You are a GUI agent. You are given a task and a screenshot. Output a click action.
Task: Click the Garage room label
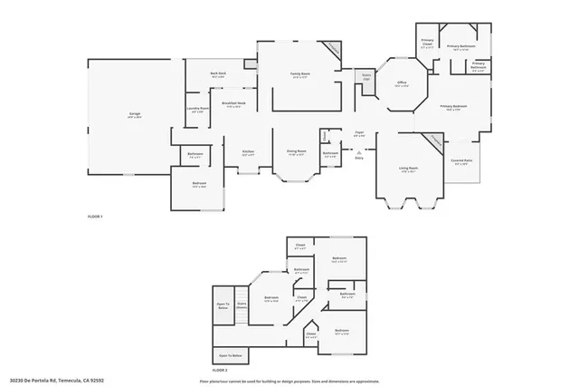134,115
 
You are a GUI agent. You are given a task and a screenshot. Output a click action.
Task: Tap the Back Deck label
217,74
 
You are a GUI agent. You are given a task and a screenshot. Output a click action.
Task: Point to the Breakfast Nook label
234,105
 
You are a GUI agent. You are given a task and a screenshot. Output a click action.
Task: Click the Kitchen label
248,152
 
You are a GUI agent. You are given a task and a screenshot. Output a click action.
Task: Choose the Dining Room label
296,152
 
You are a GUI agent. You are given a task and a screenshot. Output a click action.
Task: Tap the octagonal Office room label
402,84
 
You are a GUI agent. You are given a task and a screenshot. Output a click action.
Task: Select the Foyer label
359,133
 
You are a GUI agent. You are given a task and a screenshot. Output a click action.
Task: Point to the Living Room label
408,169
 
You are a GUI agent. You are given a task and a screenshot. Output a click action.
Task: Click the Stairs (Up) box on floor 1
366,78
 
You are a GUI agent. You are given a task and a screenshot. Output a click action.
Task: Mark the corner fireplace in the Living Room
435,142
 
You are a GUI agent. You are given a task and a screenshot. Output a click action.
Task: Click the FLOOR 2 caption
220,372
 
